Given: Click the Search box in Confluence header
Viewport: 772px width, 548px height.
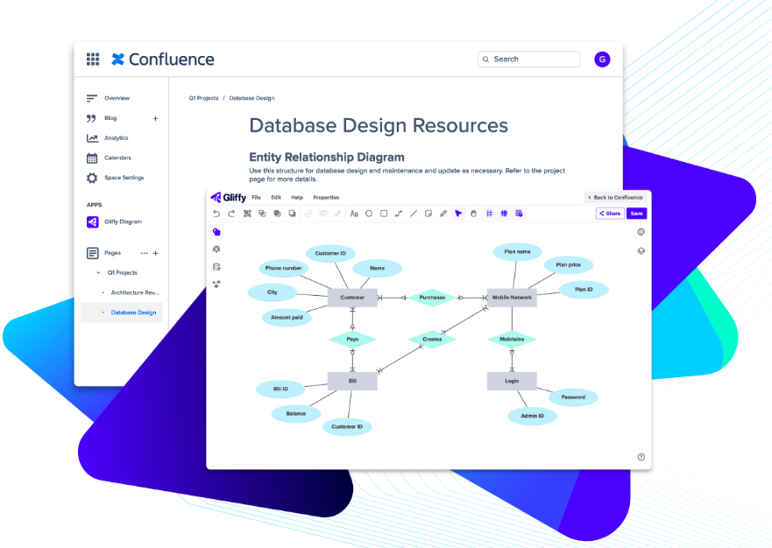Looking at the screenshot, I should (x=529, y=60).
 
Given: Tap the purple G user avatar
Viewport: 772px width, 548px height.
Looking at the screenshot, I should (x=602, y=60).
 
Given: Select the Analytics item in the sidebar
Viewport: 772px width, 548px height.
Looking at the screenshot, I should (x=116, y=138).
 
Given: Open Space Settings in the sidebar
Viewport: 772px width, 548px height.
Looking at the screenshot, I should (x=124, y=178).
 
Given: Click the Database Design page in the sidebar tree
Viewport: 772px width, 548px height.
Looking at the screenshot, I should (x=133, y=313).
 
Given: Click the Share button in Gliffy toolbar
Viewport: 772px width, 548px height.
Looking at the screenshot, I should (x=610, y=214).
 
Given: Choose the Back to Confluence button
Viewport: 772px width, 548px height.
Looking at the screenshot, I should (x=615, y=198).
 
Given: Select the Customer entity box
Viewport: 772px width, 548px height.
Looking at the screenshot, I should (x=352, y=298).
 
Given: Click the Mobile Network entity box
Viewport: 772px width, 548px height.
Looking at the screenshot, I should (x=512, y=298).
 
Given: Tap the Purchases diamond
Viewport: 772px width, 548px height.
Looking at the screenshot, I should (x=432, y=298).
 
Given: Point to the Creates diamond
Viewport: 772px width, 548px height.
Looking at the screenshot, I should (x=432, y=339).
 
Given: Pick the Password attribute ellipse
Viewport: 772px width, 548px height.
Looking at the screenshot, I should (x=573, y=397).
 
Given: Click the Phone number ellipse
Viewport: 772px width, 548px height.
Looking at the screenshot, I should (x=284, y=269).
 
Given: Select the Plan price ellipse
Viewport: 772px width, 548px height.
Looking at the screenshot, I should (x=568, y=264).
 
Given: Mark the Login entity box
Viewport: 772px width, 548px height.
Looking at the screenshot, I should (x=512, y=381).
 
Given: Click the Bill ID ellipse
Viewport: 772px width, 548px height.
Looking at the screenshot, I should (x=280, y=389).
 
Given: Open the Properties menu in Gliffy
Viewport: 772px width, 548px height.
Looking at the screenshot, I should (x=326, y=198).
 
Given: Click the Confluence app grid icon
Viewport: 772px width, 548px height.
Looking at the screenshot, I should (x=93, y=60).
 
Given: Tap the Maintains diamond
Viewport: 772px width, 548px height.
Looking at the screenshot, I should (x=512, y=339).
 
